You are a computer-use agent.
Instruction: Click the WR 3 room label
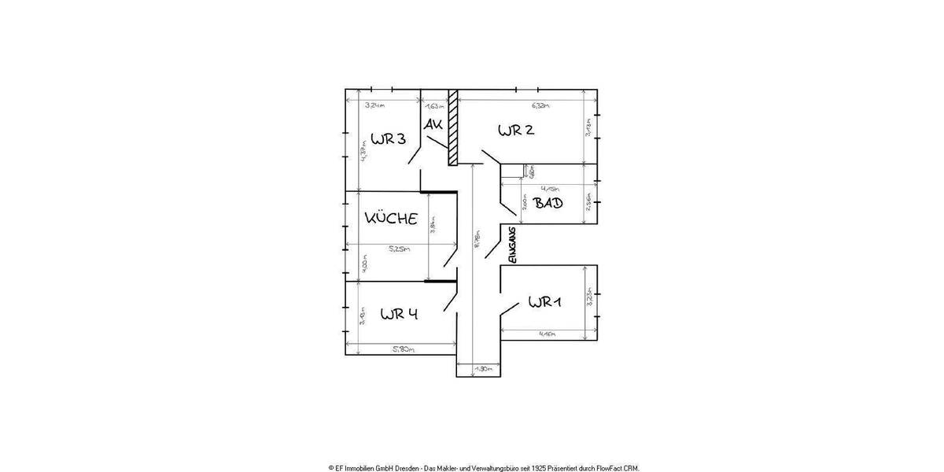[389, 139]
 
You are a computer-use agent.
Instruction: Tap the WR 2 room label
[516, 131]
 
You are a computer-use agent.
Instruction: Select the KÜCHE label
[390, 219]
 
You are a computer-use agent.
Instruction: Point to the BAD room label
[548, 203]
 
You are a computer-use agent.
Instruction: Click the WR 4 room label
[399, 314]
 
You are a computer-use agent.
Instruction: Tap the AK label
[433, 125]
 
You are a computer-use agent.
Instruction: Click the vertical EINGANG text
[511, 245]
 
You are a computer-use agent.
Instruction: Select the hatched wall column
[452, 127]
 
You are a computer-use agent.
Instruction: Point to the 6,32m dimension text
[540, 105]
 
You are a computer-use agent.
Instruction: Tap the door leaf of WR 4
[451, 302]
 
